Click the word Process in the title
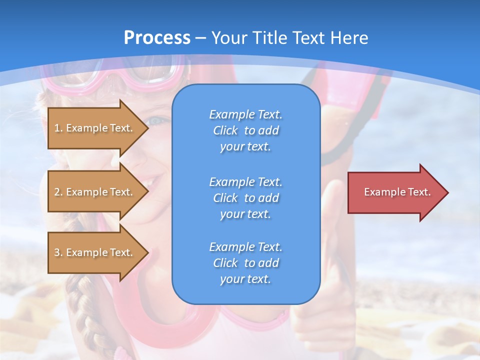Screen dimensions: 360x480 (x=157, y=38)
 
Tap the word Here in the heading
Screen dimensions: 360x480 (x=348, y=38)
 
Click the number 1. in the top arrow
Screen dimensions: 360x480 (x=58, y=128)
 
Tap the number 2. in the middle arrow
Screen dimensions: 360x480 (x=58, y=192)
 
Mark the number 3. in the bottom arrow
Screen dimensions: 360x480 (x=58, y=252)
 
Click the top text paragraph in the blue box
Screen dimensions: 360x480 (x=245, y=130)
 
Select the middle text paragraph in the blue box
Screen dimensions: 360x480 (x=245, y=198)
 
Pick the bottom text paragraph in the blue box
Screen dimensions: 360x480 (x=245, y=263)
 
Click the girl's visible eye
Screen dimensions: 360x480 (x=156, y=120)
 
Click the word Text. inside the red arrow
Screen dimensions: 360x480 (x=419, y=192)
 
